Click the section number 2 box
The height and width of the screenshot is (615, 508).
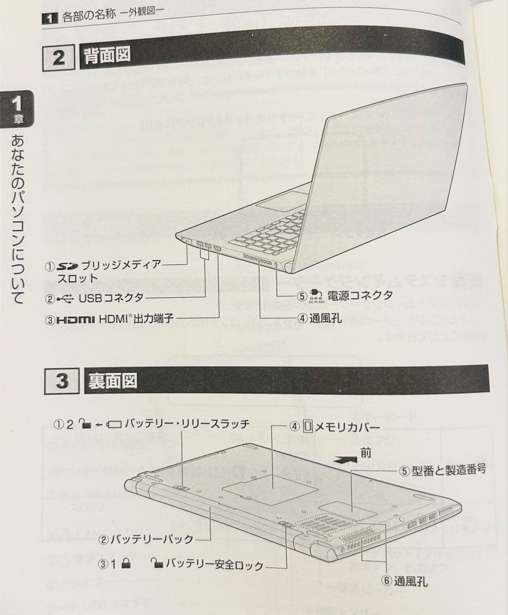click(59, 58)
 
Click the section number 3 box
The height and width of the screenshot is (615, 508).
click(61, 381)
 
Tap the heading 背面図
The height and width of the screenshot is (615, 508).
click(107, 56)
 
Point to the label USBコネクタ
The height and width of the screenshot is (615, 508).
click(111, 297)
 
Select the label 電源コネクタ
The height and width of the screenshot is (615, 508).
click(360, 295)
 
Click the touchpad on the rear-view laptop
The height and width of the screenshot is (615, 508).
click(282, 200)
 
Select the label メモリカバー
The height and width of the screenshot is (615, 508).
click(346, 426)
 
